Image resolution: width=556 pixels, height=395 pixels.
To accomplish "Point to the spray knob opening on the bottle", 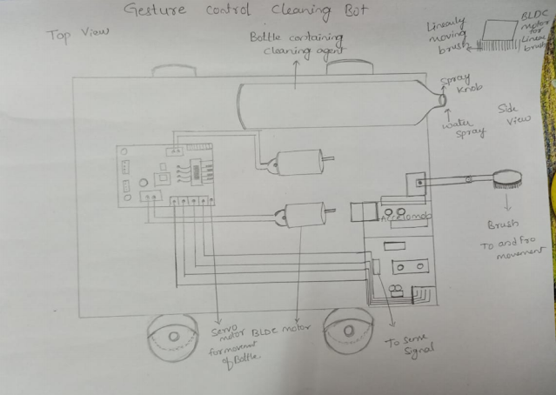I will (443, 99).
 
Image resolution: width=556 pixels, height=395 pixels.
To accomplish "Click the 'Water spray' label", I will (459, 131).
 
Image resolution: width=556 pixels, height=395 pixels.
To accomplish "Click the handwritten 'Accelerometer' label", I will (403, 213).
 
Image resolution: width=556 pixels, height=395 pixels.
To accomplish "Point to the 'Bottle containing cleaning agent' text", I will (297, 44).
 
